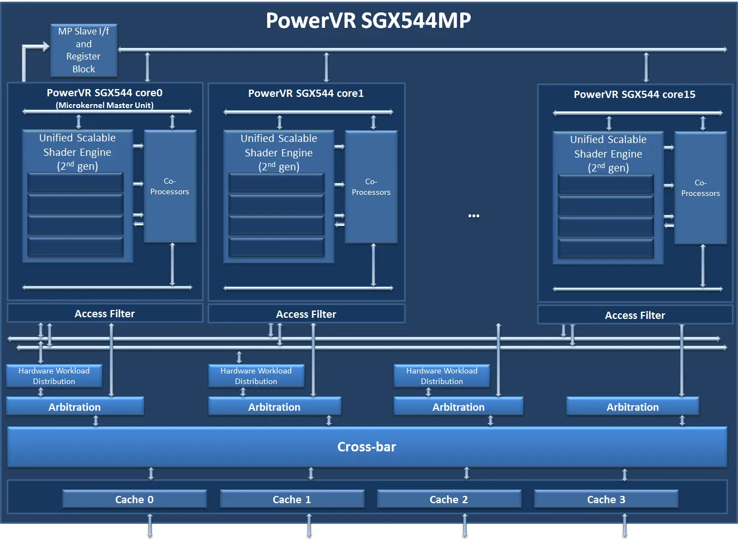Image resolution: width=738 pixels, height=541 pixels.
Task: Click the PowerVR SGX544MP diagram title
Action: click(368, 21)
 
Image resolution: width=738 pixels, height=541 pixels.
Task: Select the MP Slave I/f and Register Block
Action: click(83, 50)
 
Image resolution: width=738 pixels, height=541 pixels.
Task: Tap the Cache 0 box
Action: click(134, 499)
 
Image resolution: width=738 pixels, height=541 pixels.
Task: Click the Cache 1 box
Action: click(292, 499)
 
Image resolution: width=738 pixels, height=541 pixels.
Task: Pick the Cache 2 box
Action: click(449, 499)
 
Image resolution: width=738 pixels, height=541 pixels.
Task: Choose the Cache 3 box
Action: click(606, 499)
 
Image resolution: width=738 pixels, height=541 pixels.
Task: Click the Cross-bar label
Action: click(366, 447)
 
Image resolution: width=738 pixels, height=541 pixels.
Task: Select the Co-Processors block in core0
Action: click(170, 186)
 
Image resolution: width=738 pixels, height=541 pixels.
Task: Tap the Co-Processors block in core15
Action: click(700, 188)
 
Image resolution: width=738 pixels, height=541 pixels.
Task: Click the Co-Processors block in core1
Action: click(371, 187)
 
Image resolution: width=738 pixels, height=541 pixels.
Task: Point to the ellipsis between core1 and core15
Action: click(474, 216)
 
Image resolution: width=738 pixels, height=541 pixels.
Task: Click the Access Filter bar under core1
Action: click(306, 314)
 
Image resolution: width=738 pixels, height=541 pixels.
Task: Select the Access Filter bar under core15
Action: click(634, 315)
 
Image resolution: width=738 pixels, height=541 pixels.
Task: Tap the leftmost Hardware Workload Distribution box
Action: click(54, 376)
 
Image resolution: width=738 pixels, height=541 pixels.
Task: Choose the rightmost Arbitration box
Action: click(632, 407)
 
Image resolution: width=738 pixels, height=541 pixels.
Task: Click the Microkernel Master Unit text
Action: click(105, 105)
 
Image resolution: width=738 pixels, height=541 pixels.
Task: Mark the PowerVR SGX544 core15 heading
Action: click(634, 94)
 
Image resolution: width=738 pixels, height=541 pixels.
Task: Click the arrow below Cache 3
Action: click(624, 525)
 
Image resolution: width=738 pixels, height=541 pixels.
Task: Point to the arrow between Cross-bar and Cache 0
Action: click(151, 474)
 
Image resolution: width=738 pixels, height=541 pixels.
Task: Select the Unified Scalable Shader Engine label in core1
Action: click(278, 152)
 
